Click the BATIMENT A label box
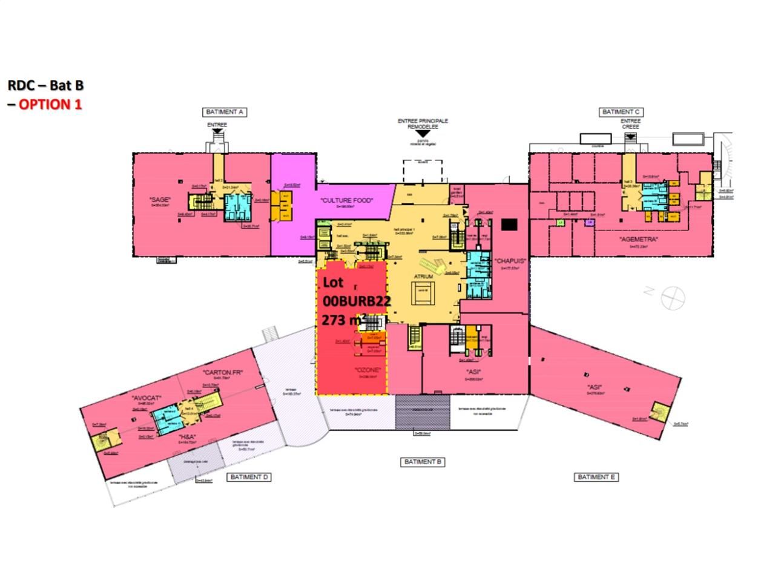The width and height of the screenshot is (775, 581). pyautogui.click(x=225, y=112)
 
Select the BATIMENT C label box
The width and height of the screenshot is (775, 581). pyautogui.click(x=621, y=112)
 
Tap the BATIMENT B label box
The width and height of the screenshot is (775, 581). pyautogui.click(x=423, y=462)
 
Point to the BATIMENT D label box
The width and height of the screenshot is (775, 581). pyautogui.click(x=249, y=478)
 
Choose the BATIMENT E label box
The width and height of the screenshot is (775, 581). pyautogui.click(x=596, y=478)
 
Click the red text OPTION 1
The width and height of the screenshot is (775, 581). pyautogui.click(x=50, y=104)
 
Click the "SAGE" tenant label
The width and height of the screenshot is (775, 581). pyautogui.click(x=160, y=200)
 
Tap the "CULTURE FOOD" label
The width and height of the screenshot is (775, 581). pyautogui.click(x=348, y=201)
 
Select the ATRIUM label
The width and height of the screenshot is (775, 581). pyautogui.click(x=423, y=277)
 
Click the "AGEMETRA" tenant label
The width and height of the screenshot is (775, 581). pyautogui.click(x=639, y=240)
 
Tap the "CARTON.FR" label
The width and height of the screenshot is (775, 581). pyautogui.click(x=223, y=373)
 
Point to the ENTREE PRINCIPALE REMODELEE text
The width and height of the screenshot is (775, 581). pyautogui.click(x=423, y=124)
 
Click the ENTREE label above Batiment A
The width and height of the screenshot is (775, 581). pyautogui.click(x=217, y=125)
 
